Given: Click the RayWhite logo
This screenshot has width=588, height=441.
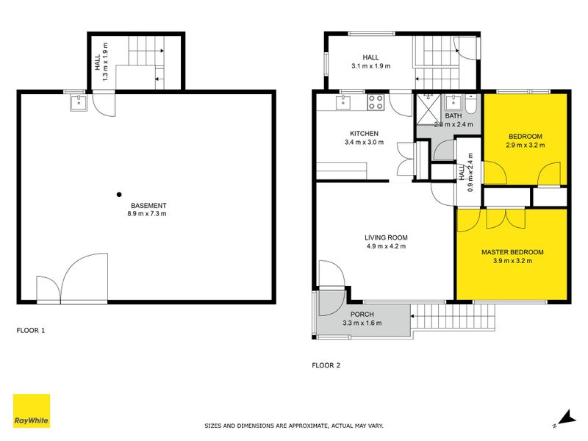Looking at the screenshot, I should click(32, 411).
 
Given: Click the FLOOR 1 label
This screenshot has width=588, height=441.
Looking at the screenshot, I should click(31, 331).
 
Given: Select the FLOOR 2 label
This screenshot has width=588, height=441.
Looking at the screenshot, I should click(326, 365).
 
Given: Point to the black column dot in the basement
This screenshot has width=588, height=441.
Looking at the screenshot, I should click(118, 195).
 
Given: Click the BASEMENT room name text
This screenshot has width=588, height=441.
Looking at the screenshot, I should click(148, 205).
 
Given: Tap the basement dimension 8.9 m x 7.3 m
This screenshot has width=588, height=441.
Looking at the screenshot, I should click(148, 215).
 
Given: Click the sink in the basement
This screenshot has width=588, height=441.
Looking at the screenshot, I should click(79, 103).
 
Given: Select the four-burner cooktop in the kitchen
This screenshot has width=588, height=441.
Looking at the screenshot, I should click(375, 103).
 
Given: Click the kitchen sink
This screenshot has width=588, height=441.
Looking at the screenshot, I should click(344, 103).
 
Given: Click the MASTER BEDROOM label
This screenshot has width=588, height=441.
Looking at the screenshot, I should click(512, 252).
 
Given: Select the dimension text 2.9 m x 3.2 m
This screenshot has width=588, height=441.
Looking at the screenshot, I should click(525, 146).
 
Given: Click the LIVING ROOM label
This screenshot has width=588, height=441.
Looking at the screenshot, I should click(386, 237).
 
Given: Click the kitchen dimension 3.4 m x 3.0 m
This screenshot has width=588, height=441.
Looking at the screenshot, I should click(363, 143).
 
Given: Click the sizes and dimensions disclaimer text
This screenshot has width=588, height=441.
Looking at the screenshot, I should click(293, 426).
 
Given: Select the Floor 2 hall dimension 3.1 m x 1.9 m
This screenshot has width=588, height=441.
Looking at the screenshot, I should click(370, 66).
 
